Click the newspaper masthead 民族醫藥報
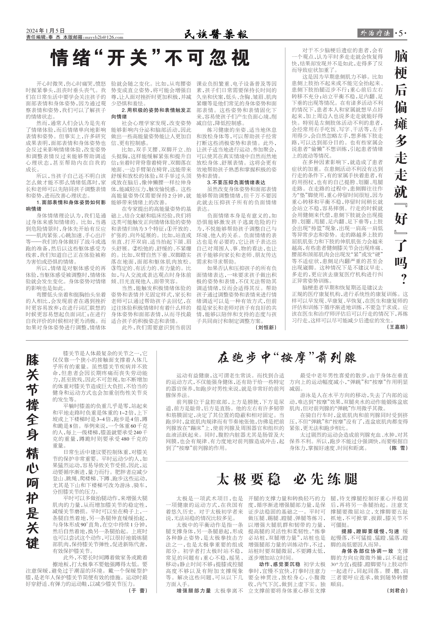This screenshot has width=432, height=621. click(216, 35)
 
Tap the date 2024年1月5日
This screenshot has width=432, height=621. click(45, 31)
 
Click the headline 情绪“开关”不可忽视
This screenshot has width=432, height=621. click(151, 57)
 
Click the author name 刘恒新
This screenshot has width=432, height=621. click(266, 328)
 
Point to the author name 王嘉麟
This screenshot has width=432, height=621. click(398, 327)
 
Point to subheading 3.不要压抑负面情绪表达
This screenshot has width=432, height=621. click(236, 183)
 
